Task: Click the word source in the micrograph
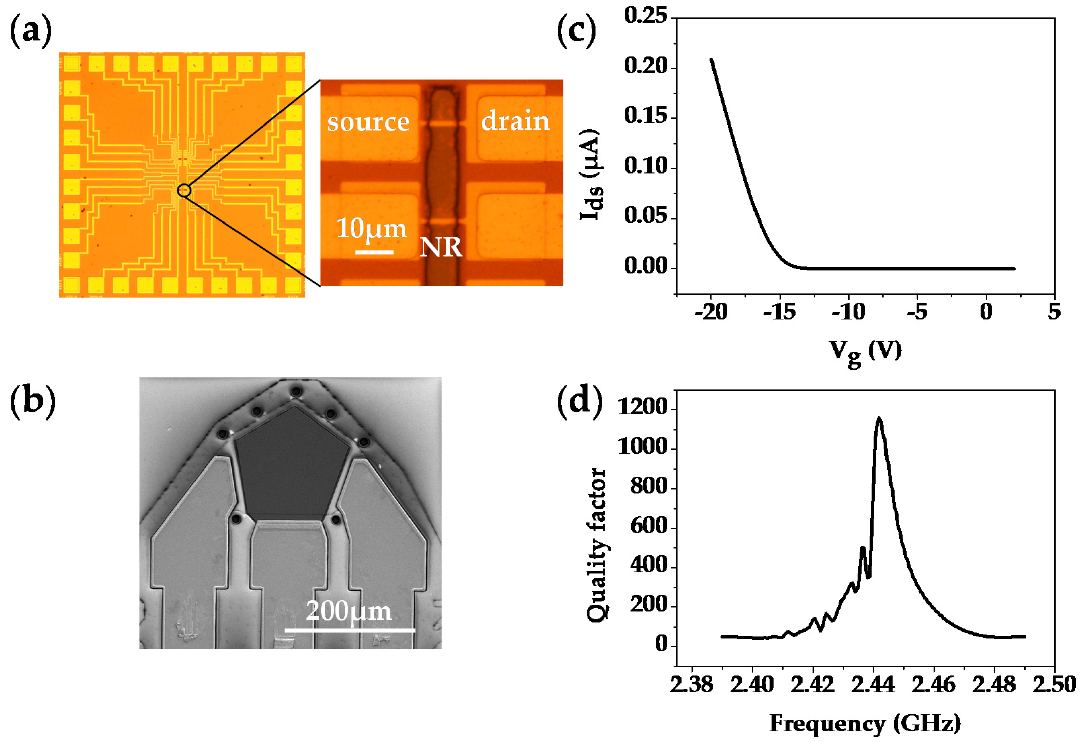coord(368,122)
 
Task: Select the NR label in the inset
coord(441,247)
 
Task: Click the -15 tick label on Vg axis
coord(779,312)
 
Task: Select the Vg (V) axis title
coord(866,352)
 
